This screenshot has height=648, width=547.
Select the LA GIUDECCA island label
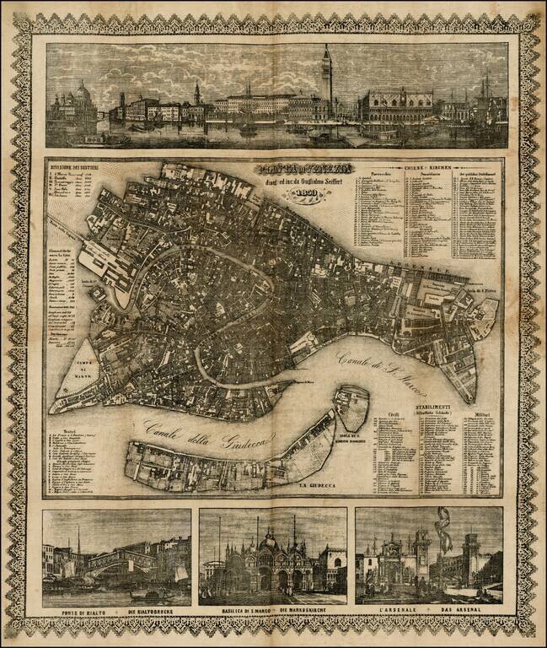click(316, 487)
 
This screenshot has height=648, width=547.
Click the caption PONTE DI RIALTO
click(81, 612)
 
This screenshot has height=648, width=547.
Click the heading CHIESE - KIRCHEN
click(427, 170)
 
